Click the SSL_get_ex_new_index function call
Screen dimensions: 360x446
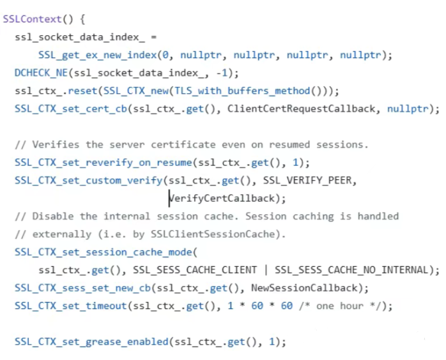click(x=100, y=55)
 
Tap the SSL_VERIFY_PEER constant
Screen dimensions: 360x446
click(x=307, y=180)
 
